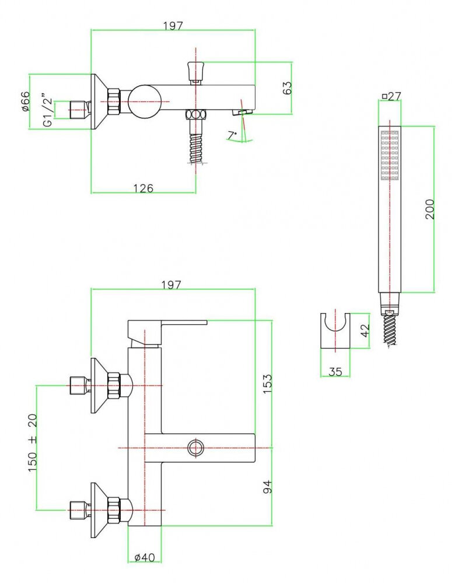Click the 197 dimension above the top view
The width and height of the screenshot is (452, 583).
[x=173, y=26]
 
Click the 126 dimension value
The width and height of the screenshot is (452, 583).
[x=143, y=188]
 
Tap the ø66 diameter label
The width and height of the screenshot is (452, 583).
[x=26, y=102]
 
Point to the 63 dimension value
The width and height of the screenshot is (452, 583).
[x=287, y=89]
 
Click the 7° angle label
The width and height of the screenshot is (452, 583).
[x=232, y=135]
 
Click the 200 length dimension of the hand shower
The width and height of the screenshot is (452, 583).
[x=430, y=209]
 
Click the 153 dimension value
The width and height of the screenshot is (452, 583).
[x=268, y=385]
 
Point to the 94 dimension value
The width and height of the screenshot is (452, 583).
[x=268, y=486]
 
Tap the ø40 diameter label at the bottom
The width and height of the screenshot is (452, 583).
[x=145, y=557]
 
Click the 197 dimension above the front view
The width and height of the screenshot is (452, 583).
[x=173, y=285]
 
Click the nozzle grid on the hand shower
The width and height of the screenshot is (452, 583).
[x=389, y=154]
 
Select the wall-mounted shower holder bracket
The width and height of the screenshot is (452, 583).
[x=335, y=331]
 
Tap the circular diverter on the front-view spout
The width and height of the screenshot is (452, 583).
[x=195, y=448]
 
